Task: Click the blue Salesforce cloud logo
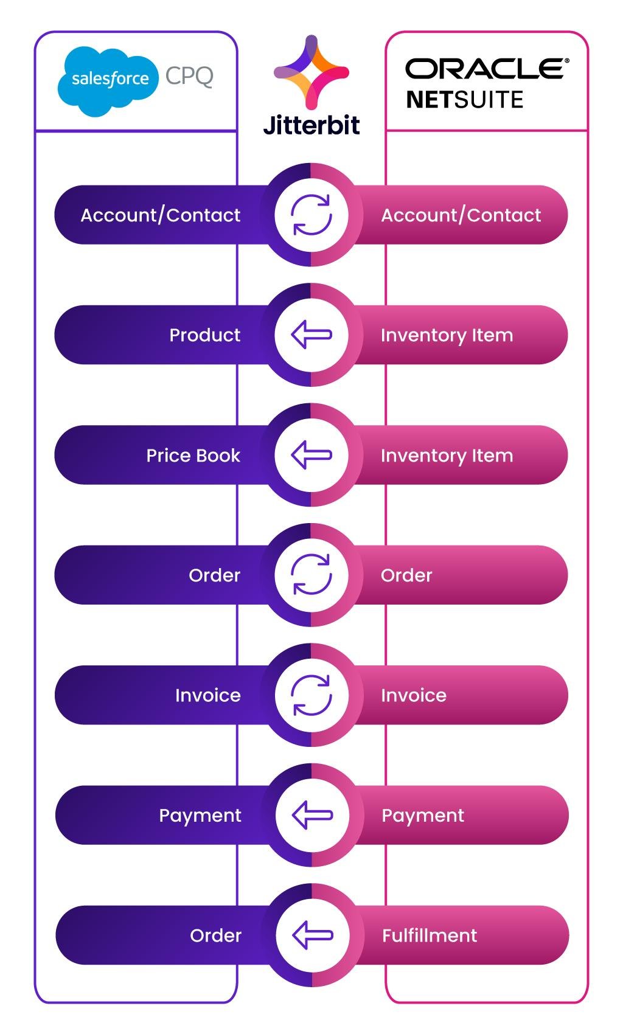tap(108, 82)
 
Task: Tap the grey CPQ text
tap(189, 76)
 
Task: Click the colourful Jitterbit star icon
tap(311, 72)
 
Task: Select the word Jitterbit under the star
tap(311, 125)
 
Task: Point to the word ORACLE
tap(487, 68)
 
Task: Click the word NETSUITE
tap(465, 100)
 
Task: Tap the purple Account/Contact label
tap(161, 215)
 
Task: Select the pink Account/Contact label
tap(461, 215)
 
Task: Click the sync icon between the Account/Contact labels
tap(311, 215)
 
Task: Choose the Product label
tap(205, 335)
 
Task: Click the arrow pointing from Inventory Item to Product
tap(311, 335)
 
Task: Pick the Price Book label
tap(193, 456)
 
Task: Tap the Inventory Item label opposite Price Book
tap(447, 456)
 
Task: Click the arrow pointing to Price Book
tap(311, 455)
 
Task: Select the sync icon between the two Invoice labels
tap(311, 695)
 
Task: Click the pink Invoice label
tap(414, 696)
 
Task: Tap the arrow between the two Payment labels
tap(312, 815)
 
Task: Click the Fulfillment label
tap(430, 935)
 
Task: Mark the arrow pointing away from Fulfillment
tap(313, 935)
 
